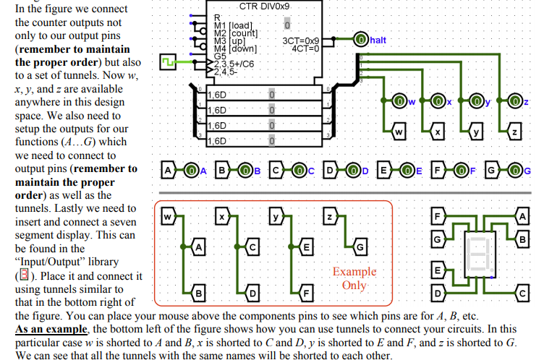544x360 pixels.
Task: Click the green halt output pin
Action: point(360,40)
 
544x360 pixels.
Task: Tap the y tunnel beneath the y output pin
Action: point(475,132)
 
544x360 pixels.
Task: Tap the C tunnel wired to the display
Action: point(523,293)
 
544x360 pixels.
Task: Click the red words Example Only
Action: point(354,278)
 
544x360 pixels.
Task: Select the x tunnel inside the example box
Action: point(224,216)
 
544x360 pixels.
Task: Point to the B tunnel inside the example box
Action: point(197,293)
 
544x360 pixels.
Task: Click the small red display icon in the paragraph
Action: point(23,275)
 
